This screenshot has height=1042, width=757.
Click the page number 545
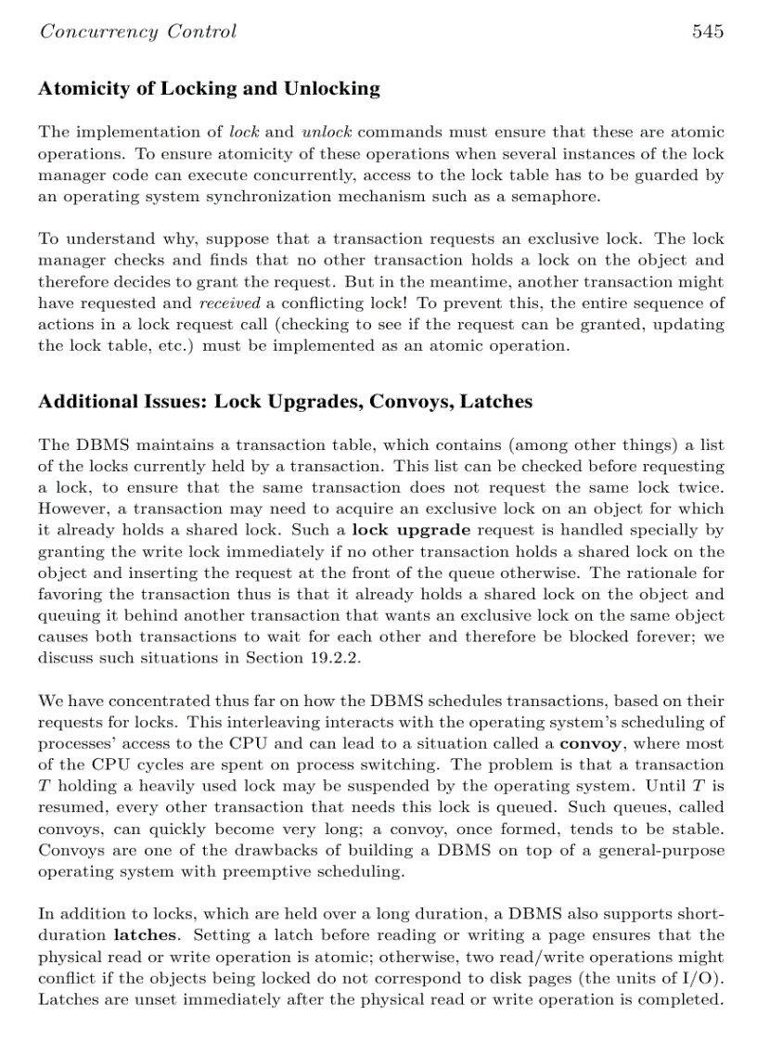(x=707, y=32)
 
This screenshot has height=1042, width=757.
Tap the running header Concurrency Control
(x=137, y=32)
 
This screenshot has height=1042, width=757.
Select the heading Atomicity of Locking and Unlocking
(x=209, y=89)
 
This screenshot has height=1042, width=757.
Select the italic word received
(x=229, y=302)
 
